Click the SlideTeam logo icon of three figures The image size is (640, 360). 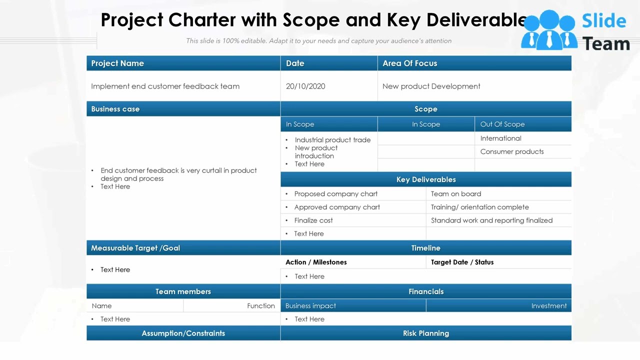548,30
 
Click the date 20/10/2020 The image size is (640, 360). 305,86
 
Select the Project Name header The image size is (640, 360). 117,63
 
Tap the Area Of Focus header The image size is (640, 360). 409,63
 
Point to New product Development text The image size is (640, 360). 431,86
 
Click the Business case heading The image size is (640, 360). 115,109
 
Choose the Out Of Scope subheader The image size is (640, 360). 502,124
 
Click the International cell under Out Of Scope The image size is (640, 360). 500,138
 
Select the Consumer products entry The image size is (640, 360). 511,151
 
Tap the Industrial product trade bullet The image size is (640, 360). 332,140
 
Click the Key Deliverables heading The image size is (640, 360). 426,179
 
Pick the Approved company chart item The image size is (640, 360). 337,207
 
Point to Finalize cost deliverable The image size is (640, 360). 313,220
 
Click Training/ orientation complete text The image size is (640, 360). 479,207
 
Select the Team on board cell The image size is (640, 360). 456,194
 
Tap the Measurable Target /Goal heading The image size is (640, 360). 135,248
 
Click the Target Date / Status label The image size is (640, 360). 462,262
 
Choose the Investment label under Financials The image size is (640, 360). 548,306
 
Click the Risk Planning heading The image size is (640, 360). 426,333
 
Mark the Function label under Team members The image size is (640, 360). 260,306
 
